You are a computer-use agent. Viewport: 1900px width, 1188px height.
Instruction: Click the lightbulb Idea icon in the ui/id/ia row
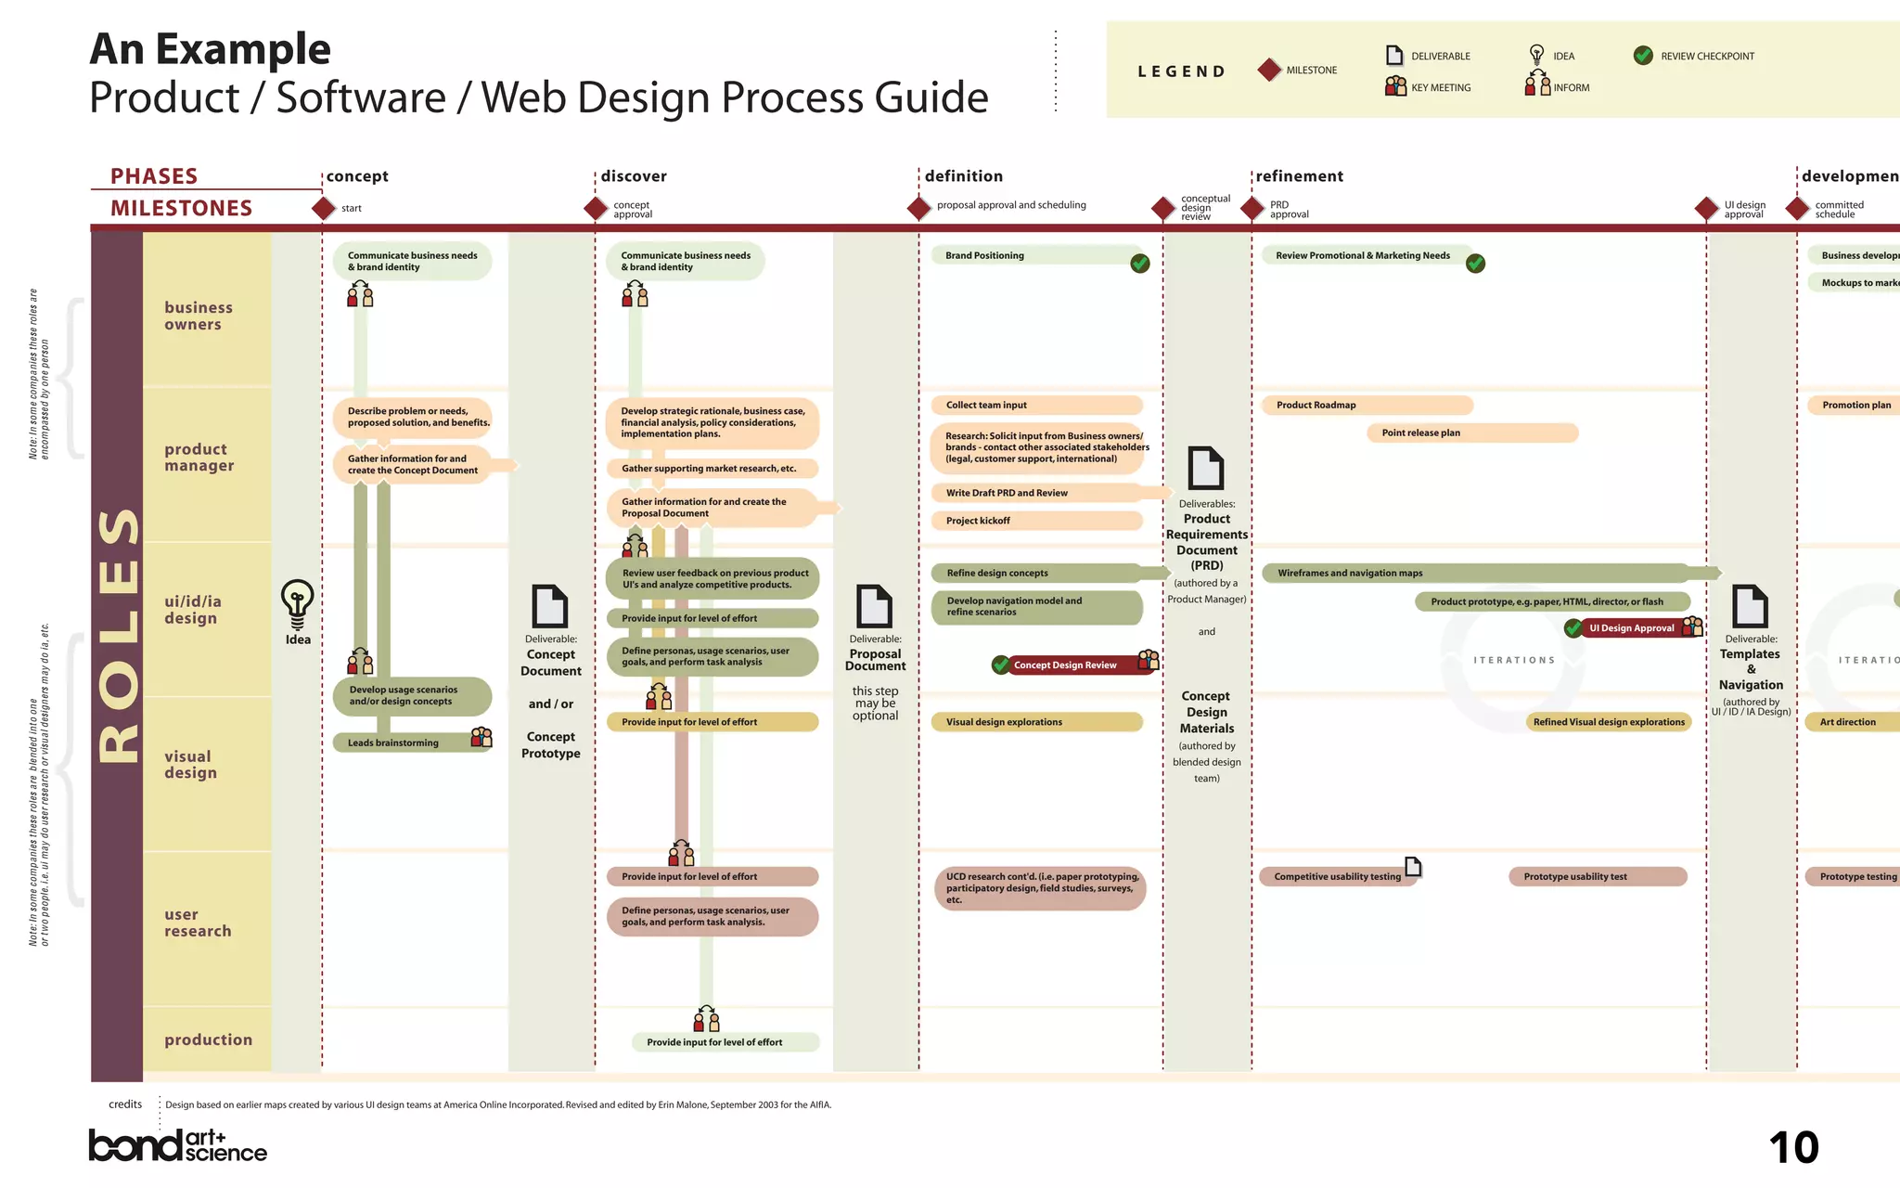coord(297,603)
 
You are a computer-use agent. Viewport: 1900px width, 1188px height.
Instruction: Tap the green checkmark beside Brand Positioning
coord(1140,264)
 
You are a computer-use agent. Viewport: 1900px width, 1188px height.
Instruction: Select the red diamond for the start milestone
coord(323,208)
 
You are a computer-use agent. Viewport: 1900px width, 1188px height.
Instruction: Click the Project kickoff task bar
coord(1036,521)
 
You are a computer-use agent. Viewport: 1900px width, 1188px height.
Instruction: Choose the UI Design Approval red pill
coord(1632,628)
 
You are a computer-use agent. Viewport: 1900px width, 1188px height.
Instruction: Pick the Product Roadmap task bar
coord(1367,405)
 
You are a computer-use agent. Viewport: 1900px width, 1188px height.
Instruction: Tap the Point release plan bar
coord(1471,433)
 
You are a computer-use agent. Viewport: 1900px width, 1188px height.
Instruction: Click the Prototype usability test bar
coord(1597,876)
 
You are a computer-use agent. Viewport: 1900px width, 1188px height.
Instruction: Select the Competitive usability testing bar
coord(1337,876)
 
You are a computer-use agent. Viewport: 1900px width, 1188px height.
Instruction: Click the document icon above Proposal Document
coord(874,606)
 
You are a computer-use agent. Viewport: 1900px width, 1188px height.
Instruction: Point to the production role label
coord(208,1039)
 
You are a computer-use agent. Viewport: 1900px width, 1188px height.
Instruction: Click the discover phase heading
coord(634,176)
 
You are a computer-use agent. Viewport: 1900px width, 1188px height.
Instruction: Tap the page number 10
coord(1793,1148)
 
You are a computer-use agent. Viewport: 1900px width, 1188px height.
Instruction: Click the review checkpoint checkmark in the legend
coord(1643,56)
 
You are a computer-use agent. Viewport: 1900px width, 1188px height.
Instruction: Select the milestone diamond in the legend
coord(1269,70)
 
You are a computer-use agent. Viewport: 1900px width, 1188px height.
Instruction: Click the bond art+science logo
coord(177,1145)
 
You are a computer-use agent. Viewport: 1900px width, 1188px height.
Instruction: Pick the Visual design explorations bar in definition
coord(1036,722)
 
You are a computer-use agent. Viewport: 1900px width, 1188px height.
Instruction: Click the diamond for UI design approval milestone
coord(1706,208)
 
